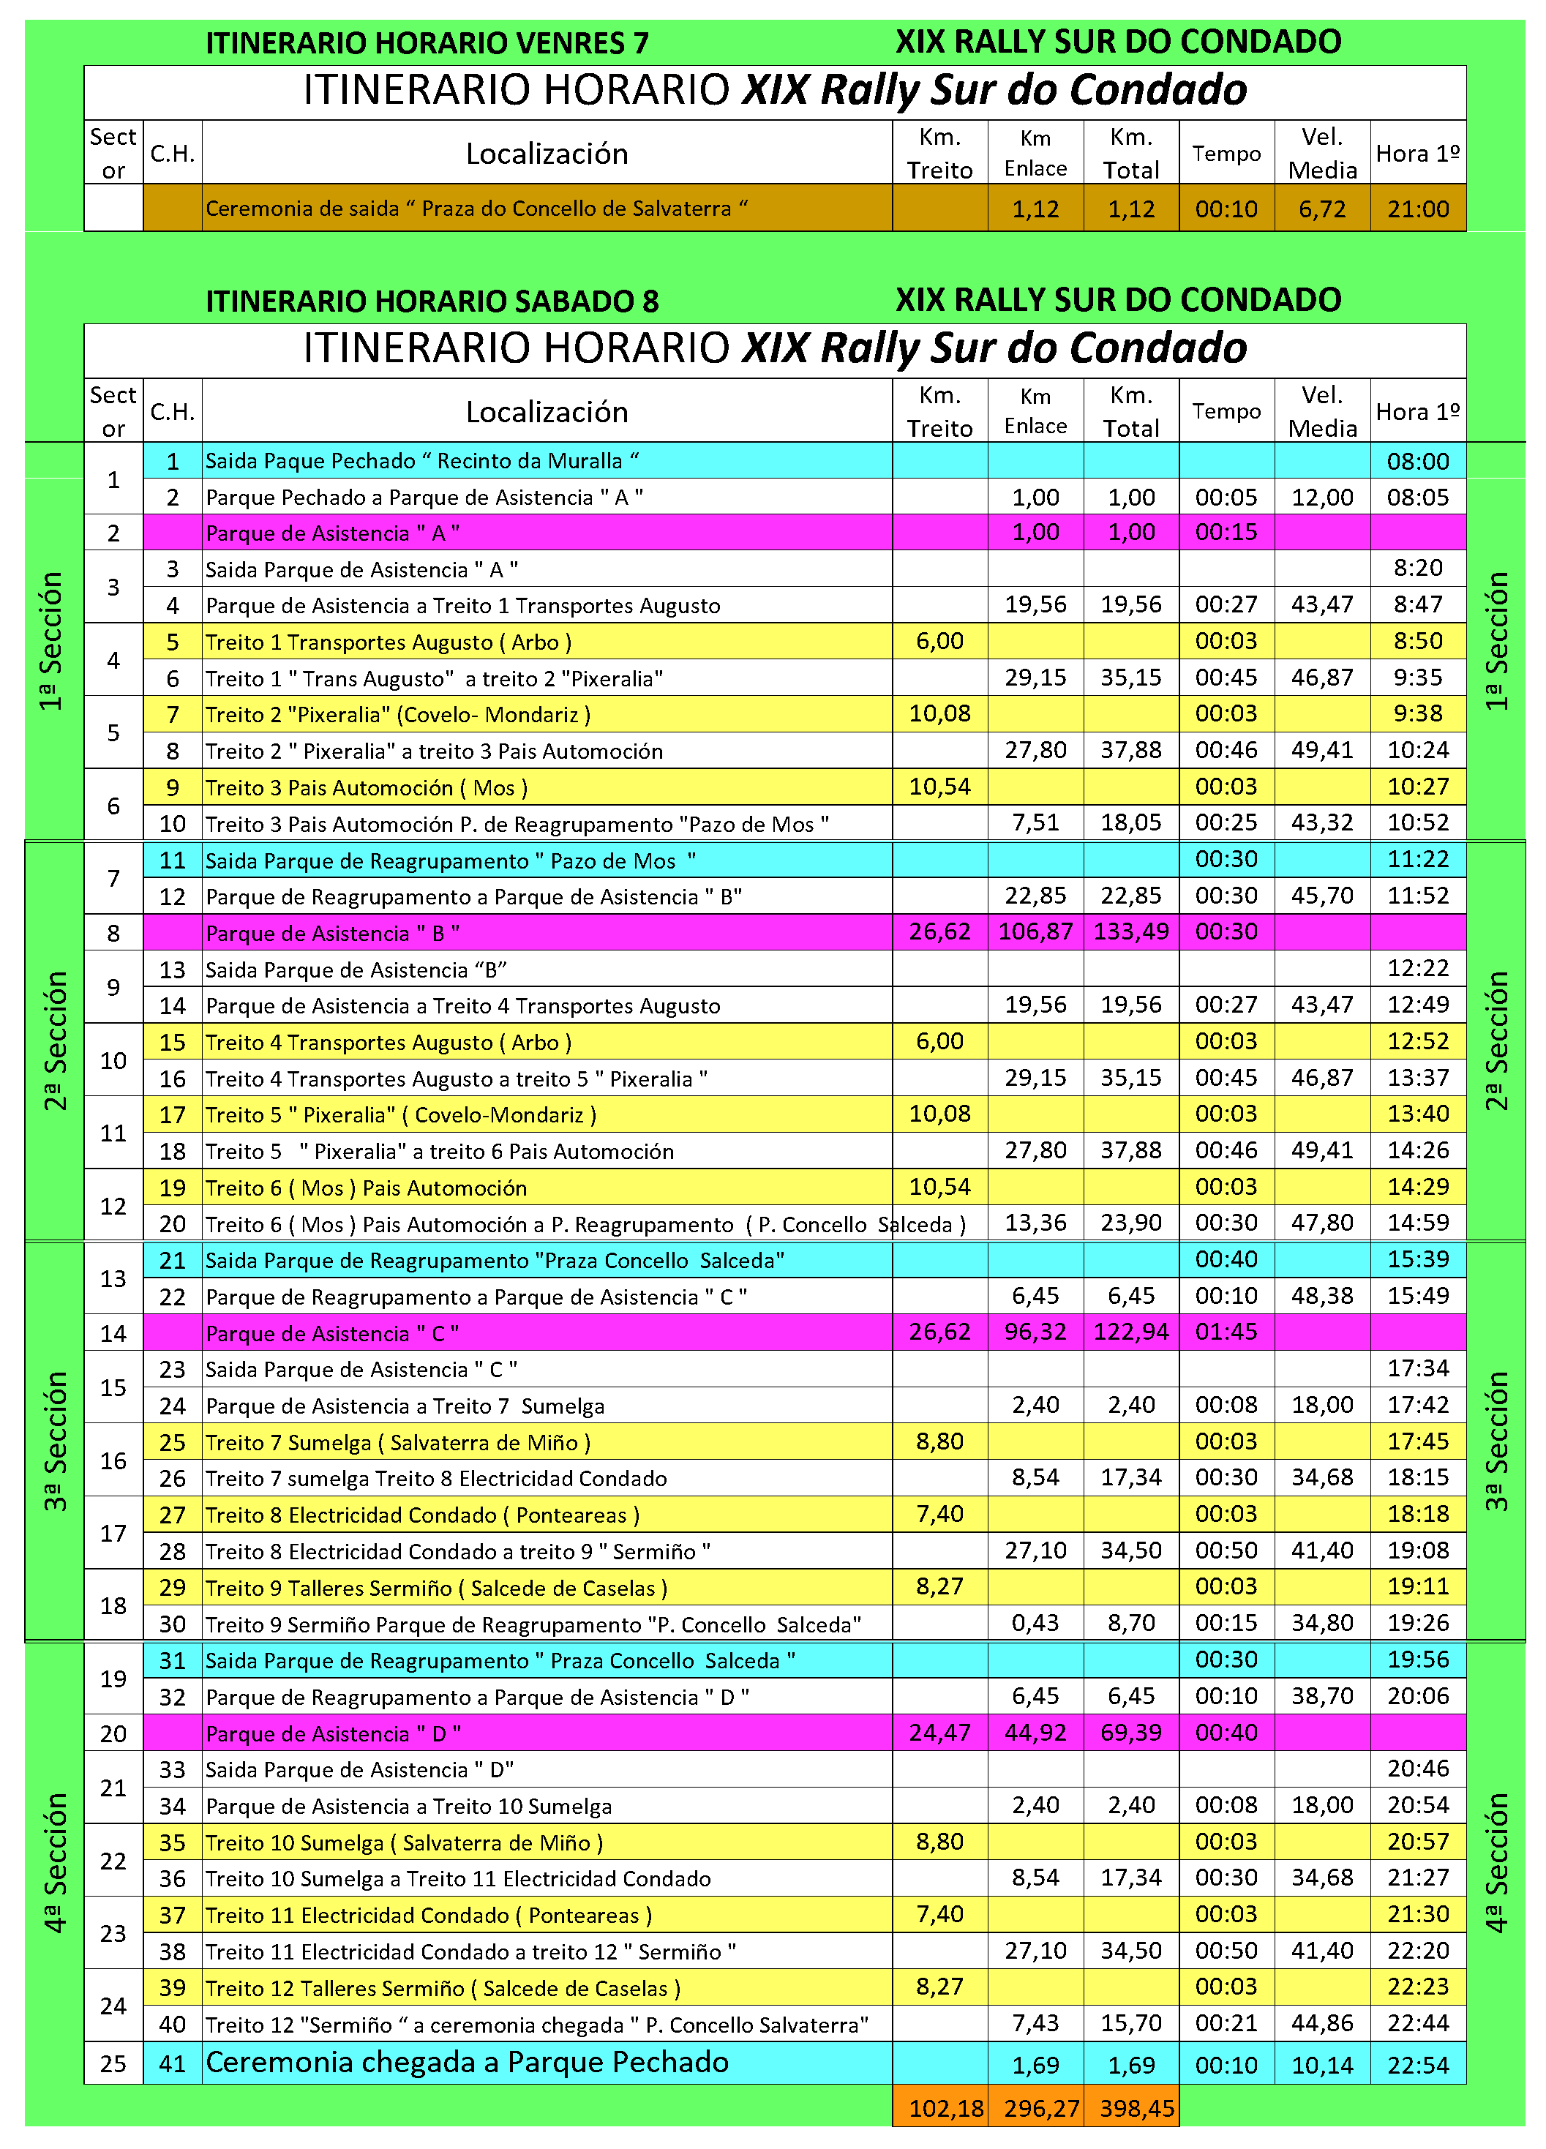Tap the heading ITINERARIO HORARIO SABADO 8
(x=432, y=301)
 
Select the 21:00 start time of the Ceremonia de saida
(x=1417, y=209)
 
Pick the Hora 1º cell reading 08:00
(x=1417, y=462)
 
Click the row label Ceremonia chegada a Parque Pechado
(x=467, y=2062)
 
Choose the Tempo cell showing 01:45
(x=1226, y=1332)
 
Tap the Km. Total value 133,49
(x=1131, y=932)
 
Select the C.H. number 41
(x=173, y=2063)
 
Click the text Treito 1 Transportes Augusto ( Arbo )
(x=389, y=642)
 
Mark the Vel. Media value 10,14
(x=1322, y=2065)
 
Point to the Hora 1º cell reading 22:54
(x=1417, y=2065)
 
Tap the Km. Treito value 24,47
(x=939, y=1733)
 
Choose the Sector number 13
(x=113, y=1278)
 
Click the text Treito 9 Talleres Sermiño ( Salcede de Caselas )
(x=436, y=1588)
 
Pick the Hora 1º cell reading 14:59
(x=1417, y=1223)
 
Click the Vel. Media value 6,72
(x=1322, y=209)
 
